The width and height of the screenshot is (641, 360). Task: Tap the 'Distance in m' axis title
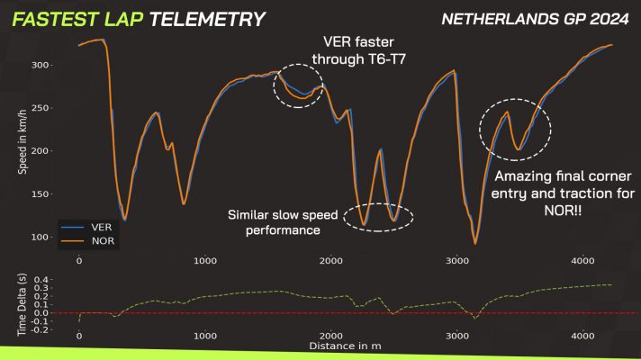coord(346,345)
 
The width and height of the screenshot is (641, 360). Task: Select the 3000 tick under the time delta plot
coord(457,335)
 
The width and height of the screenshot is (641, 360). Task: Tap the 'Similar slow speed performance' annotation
coord(275,222)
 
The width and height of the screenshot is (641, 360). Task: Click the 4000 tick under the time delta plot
coord(582,335)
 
